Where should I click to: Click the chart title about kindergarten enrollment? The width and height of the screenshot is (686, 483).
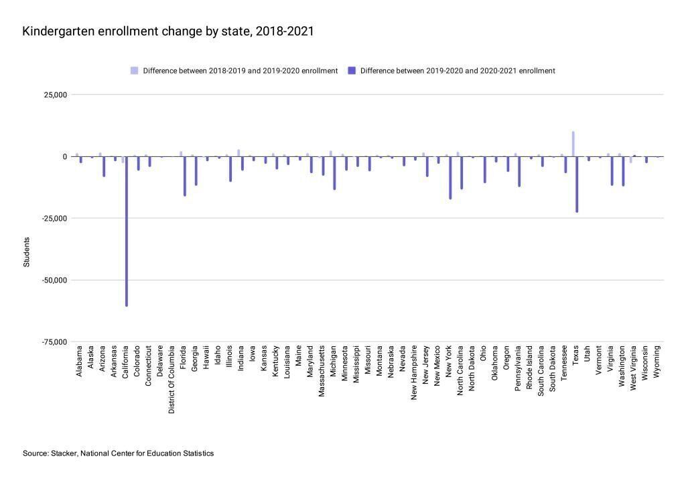click(x=168, y=32)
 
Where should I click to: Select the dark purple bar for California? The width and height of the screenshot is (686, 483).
click(x=127, y=231)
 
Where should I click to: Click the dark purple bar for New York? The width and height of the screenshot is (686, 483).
click(x=450, y=177)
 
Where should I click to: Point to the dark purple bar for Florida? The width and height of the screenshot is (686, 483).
click(x=185, y=176)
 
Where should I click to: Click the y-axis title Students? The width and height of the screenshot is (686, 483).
click(x=27, y=252)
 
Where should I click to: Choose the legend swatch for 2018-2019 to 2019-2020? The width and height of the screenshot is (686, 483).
click(x=135, y=70)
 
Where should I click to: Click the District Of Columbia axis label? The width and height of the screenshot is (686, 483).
click(x=172, y=379)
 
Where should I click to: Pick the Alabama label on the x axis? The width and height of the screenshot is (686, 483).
click(x=79, y=361)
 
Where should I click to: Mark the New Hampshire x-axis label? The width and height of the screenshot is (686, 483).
click(x=415, y=372)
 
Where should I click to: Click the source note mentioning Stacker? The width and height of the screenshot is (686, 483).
click(x=118, y=453)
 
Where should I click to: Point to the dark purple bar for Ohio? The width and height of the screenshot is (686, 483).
click(x=485, y=169)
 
